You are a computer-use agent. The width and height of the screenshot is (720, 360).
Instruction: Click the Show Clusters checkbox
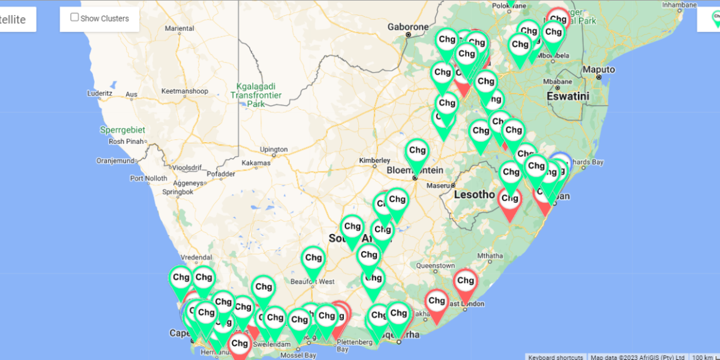[75, 17]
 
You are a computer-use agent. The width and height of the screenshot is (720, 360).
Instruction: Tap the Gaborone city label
[408, 27]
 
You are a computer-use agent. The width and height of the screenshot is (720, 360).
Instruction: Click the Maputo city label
[598, 70]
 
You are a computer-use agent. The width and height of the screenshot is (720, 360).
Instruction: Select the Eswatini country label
[568, 96]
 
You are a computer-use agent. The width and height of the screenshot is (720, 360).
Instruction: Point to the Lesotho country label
[474, 194]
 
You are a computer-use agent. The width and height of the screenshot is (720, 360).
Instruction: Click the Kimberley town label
[374, 160]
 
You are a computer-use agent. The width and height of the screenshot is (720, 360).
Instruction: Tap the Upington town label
[274, 149]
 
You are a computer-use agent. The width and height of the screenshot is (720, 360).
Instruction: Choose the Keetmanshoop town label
[185, 91]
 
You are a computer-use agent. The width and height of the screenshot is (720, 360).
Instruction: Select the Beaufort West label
[312, 281]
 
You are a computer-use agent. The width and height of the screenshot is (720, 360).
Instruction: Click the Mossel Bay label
[300, 355]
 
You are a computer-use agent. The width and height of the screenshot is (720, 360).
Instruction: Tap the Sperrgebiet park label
[119, 129]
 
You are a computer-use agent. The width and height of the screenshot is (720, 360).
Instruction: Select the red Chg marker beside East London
[465, 281]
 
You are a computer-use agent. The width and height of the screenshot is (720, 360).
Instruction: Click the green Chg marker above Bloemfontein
[417, 152]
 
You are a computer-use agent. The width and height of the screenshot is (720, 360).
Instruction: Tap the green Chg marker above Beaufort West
[313, 259]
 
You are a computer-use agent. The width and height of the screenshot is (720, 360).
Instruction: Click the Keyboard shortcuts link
[555, 357]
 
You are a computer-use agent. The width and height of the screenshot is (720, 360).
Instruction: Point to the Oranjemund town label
[114, 161]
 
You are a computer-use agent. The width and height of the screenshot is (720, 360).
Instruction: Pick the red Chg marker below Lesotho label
[509, 200]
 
